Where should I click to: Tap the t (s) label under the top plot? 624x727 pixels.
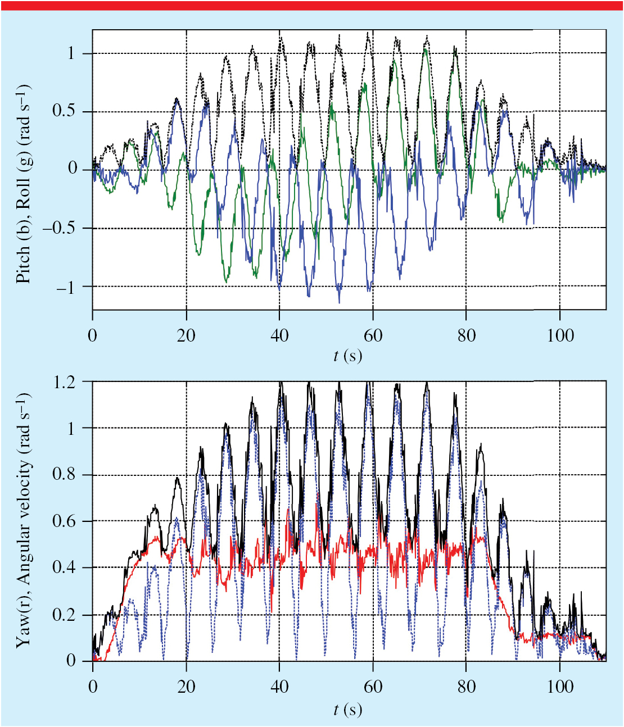347,356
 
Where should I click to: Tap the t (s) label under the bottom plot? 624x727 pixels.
347,709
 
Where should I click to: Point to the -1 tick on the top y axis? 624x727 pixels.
67,287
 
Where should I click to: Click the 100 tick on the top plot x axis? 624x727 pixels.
560,336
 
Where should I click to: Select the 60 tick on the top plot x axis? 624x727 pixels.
373,336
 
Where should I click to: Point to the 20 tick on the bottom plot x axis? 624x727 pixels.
186,687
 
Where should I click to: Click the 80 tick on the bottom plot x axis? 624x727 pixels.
466,687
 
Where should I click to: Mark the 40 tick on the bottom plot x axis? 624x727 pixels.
279,687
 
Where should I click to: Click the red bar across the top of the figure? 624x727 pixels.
312,5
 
